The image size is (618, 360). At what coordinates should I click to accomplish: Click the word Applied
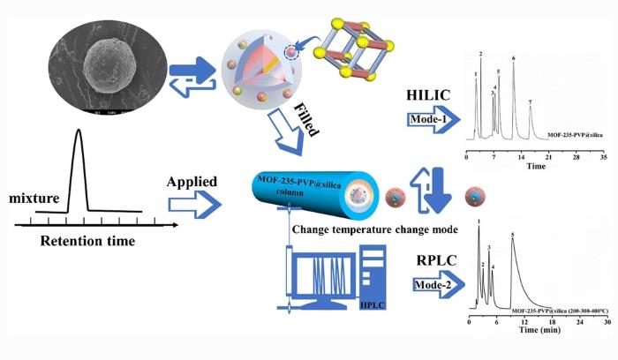click(x=192, y=182)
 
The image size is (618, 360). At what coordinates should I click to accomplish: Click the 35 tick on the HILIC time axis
click(x=602, y=156)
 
